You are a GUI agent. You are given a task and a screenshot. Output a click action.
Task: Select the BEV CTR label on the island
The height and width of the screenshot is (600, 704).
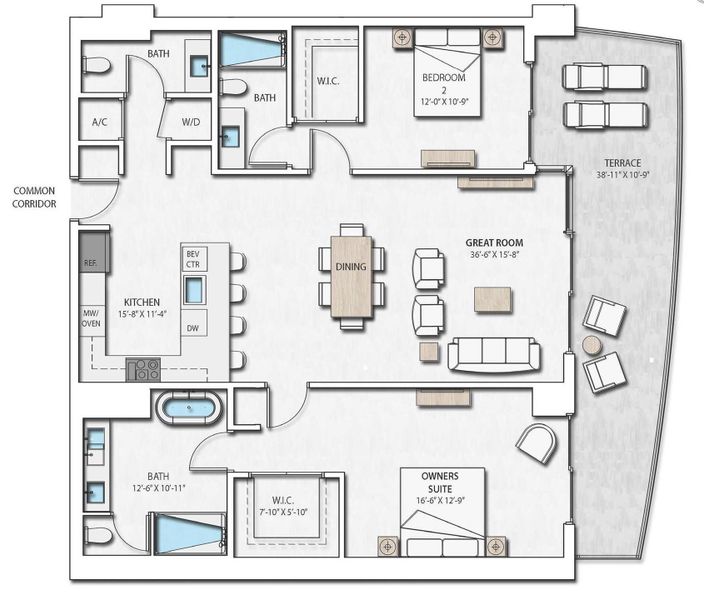point(194,259)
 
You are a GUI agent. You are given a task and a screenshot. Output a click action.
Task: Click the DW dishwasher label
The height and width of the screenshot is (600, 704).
point(194,328)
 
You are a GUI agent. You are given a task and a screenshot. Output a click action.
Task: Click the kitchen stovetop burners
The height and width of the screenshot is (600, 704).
point(144,370)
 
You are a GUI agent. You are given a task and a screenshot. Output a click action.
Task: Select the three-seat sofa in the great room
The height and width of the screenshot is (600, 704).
point(494,353)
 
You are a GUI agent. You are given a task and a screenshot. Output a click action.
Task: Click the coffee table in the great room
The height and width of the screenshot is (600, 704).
point(492,298)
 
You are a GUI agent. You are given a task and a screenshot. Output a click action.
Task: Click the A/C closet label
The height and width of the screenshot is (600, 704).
point(100,123)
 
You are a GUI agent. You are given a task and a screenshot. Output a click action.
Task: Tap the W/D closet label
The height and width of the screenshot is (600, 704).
point(190,123)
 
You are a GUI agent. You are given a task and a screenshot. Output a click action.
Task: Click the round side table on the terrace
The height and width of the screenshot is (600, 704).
point(592,345)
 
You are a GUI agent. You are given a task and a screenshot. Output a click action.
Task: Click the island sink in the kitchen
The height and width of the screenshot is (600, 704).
point(194,291)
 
